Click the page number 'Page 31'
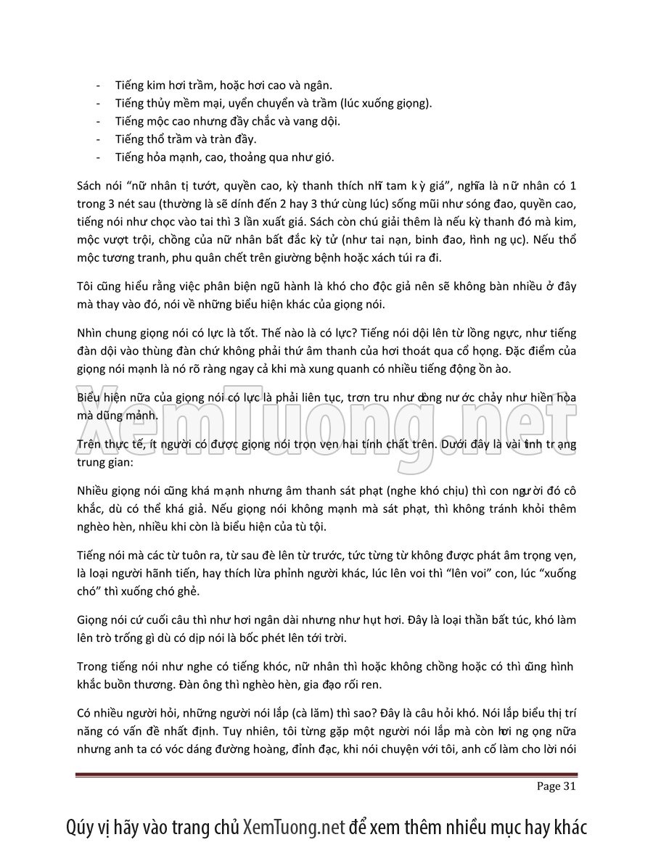[x=556, y=786]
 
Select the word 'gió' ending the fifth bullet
[x=324, y=157]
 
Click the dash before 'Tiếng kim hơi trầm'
[x=98, y=86]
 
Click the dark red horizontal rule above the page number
[x=326, y=774]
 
